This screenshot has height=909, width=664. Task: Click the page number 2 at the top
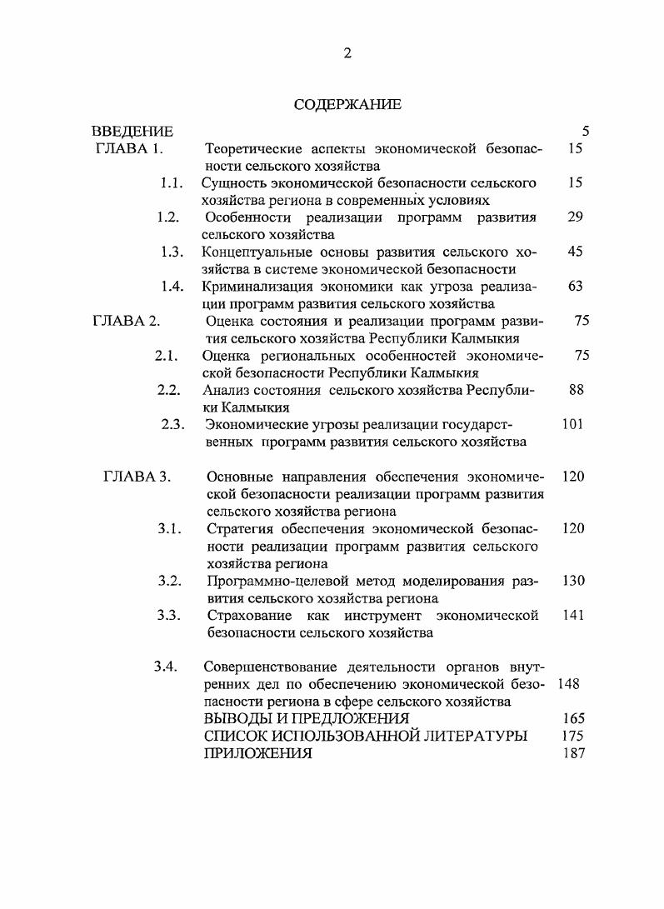click(347, 54)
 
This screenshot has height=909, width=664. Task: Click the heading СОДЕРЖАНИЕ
click(347, 105)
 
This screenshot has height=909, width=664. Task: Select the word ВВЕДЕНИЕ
click(132, 132)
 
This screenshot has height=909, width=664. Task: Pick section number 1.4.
click(172, 287)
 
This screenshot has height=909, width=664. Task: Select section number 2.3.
click(172, 424)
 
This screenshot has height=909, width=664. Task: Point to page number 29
click(575, 217)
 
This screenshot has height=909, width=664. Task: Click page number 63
click(575, 287)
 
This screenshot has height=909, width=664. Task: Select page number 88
click(576, 390)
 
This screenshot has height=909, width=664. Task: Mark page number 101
click(572, 424)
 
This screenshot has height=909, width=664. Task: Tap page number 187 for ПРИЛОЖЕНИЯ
click(574, 753)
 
